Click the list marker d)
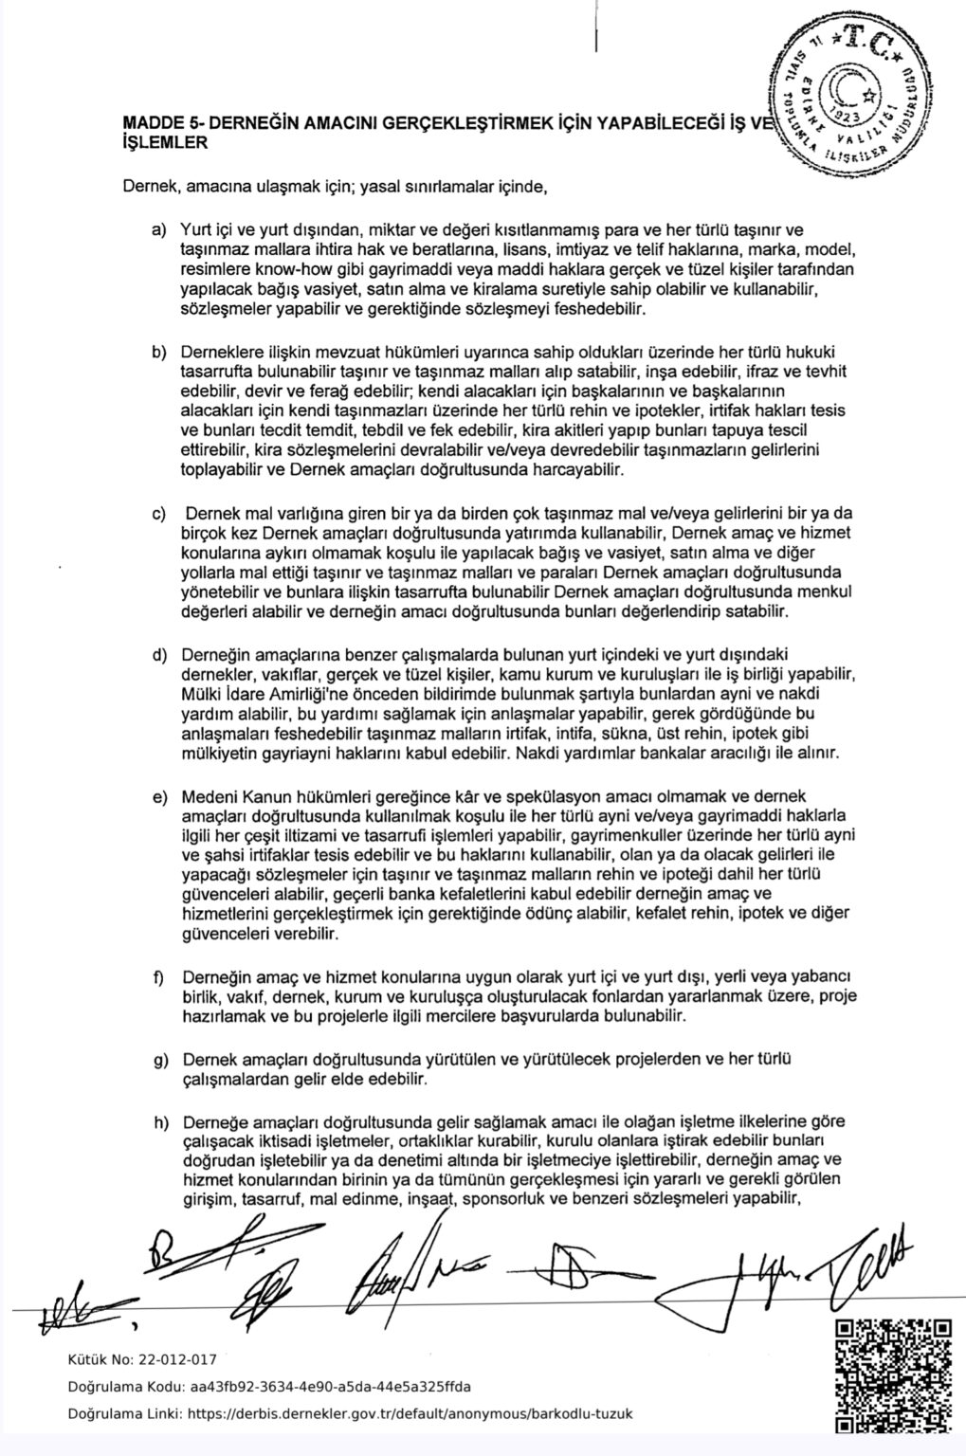click(158, 657)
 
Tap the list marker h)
click(158, 1122)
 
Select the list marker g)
click(158, 1060)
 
